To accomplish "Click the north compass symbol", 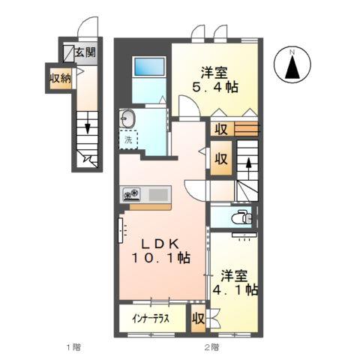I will click(294, 65).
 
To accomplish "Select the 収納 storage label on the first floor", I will click(60, 79).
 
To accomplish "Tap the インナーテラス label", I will click(152, 318).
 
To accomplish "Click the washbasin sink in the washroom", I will click(128, 118).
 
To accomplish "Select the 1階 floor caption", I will click(72, 347).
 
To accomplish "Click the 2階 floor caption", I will click(212, 347).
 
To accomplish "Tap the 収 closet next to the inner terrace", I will click(198, 318).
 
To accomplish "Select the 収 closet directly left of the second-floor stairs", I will click(221, 159).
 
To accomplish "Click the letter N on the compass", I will click(294, 52).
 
